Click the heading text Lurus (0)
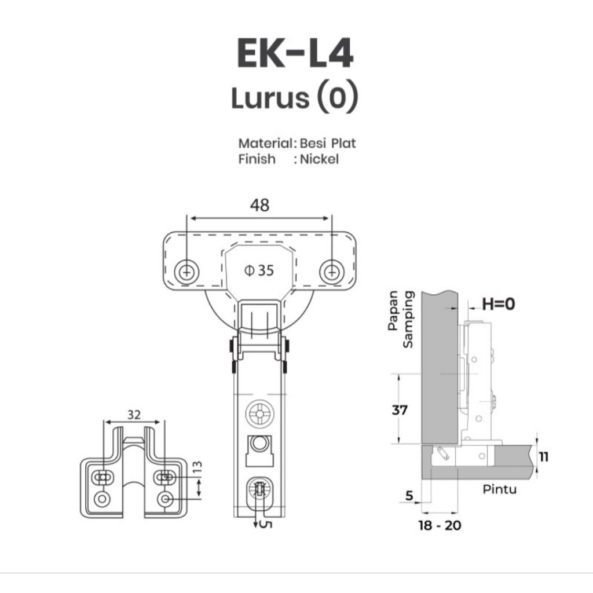point(295,98)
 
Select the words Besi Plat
point(328,143)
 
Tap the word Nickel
point(319,159)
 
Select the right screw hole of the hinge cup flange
point(331,270)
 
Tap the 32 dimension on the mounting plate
point(134,415)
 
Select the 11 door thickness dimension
point(544,457)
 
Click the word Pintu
point(500,489)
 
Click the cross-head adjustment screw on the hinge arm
point(258,415)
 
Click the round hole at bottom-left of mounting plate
point(103,498)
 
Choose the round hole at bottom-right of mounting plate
point(166,498)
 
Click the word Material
point(265,143)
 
